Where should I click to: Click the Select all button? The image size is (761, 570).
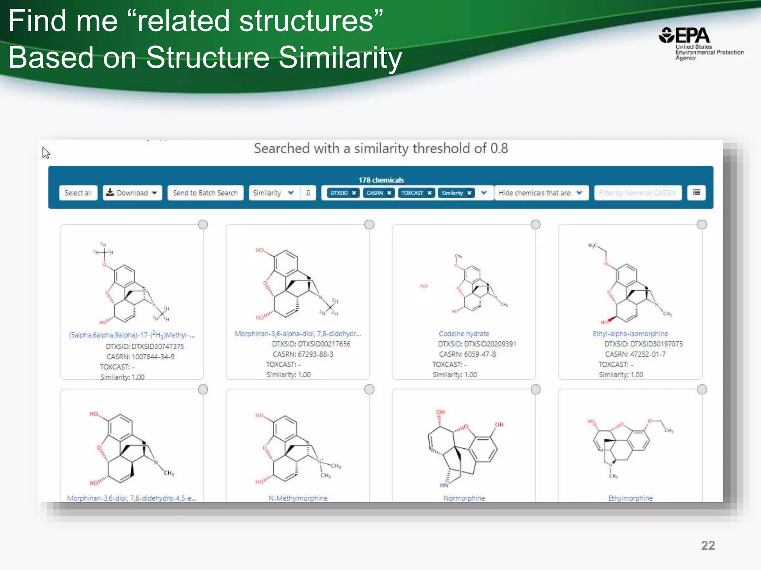pyautogui.click(x=78, y=193)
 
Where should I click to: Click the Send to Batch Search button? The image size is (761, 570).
pyautogui.click(x=205, y=193)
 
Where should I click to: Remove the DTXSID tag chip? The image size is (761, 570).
pyautogui.click(x=354, y=193)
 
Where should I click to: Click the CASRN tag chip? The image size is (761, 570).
pyautogui.click(x=375, y=193)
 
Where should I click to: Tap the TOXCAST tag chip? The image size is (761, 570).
pyautogui.click(x=412, y=193)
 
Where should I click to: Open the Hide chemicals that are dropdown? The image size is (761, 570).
pyautogui.click(x=541, y=193)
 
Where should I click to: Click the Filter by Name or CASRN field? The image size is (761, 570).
pyautogui.click(x=637, y=193)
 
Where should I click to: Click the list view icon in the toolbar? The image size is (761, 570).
pyautogui.click(x=696, y=192)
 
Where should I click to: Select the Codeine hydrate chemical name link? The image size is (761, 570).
pyautogui.click(x=464, y=334)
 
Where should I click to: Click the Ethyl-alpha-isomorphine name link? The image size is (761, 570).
pyautogui.click(x=630, y=334)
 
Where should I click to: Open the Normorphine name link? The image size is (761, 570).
pyautogui.click(x=464, y=498)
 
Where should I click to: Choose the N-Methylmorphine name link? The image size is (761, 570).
pyautogui.click(x=298, y=498)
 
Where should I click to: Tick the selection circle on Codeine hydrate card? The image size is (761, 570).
pyautogui.click(x=535, y=225)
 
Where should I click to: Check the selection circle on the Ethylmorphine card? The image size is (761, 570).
pyautogui.click(x=702, y=389)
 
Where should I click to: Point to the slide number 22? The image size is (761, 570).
pyautogui.click(x=708, y=546)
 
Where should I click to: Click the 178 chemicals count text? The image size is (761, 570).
pyautogui.click(x=381, y=180)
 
